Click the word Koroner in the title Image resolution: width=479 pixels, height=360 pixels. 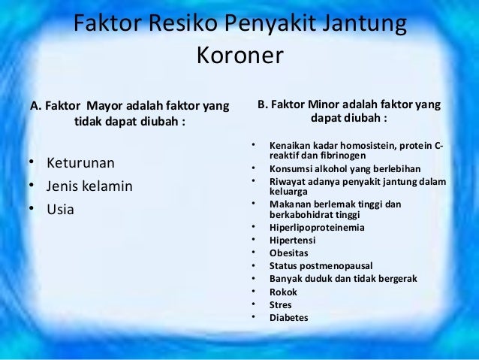click(x=239, y=56)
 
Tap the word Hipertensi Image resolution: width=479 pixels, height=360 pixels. click(x=293, y=241)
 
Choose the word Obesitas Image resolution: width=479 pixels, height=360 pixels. click(x=289, y=253)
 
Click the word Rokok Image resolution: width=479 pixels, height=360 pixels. click(x=284, y=292)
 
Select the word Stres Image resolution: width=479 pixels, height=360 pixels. click(x=282, y=304)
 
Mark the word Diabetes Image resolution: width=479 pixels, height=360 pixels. click(x=289, y=317)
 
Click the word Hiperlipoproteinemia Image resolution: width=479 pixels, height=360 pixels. click(x=318, y=228)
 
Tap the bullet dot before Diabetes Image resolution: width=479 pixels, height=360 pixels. click(x=255, y=317)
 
